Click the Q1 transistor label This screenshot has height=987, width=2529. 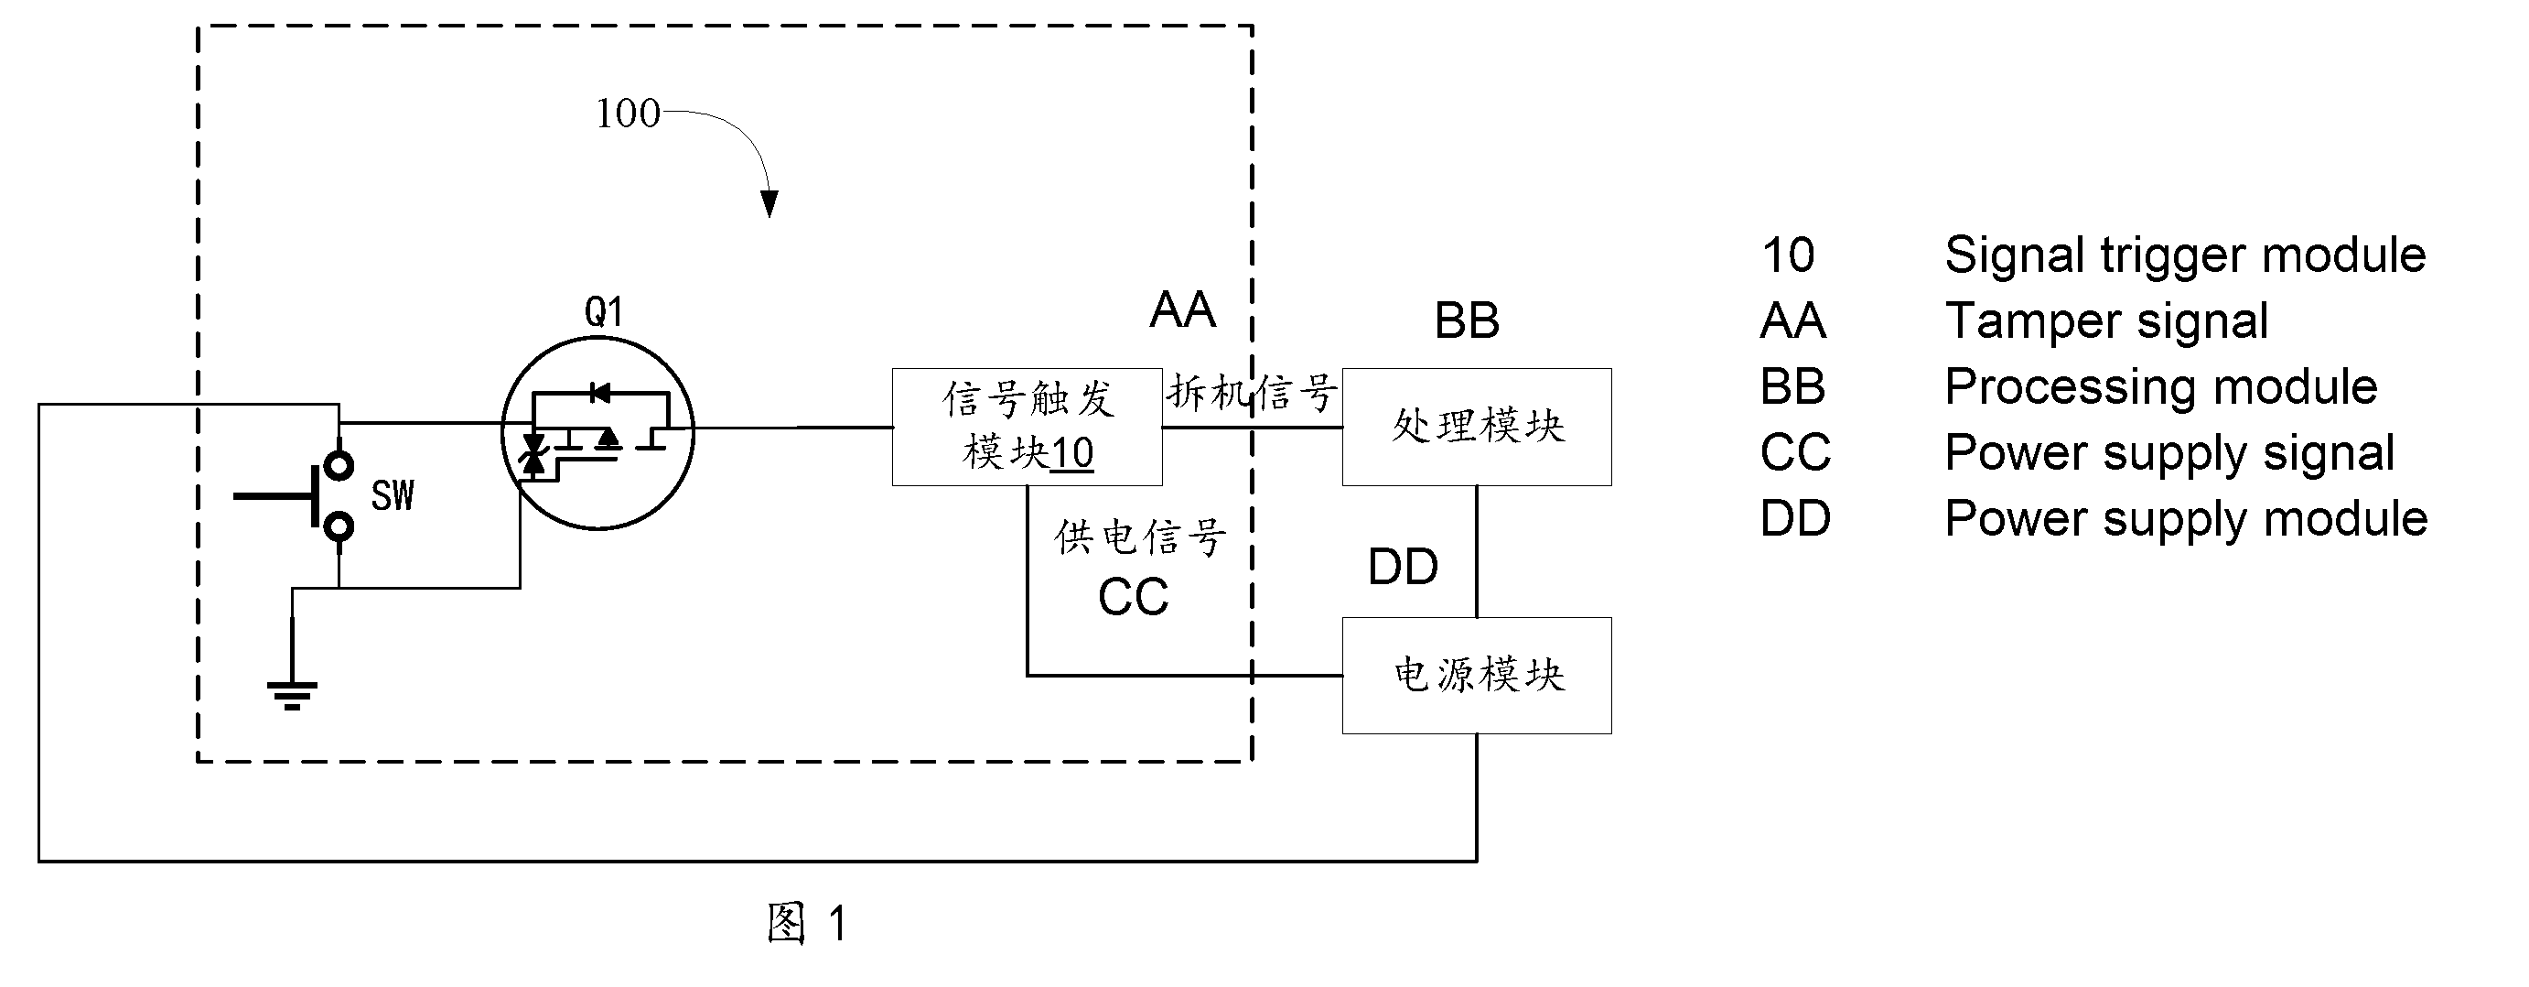[x=604, y=311]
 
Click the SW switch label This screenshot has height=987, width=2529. [x=393, y=496]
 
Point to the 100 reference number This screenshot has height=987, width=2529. [x=629, y=114]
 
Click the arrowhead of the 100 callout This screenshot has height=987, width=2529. [x=769, y=203]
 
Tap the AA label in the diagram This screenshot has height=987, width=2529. [x=1183, y=310]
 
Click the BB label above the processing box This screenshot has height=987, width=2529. [x=1467, y=320]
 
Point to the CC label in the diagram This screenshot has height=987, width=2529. [x=1133, y=597]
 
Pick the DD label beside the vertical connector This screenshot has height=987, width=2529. [x=1403, y=567]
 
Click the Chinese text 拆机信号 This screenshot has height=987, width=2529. [x=1252, y=393]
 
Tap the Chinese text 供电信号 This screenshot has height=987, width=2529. [x=1140, y=537]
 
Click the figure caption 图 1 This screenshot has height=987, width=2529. [x=807, y=923]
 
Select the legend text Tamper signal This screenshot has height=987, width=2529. [x=2106, y=321]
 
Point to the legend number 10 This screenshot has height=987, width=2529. [x=1788, y=255]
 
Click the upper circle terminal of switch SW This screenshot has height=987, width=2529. [x=339, y=464]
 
